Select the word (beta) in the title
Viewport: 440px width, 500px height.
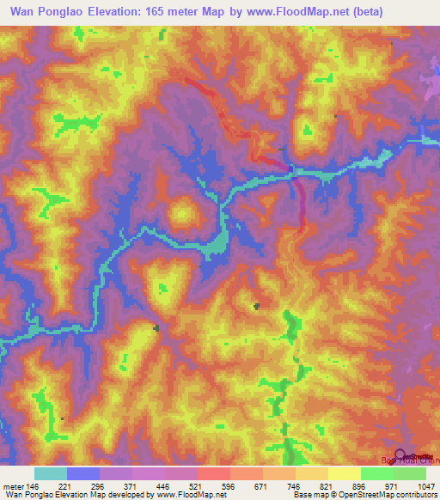(340, 11)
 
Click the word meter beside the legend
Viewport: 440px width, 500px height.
(12, 485)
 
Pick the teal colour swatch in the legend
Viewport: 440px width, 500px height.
(51, 473)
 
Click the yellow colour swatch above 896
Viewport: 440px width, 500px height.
(345, 473)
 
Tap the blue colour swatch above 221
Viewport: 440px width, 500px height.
(83, 473)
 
